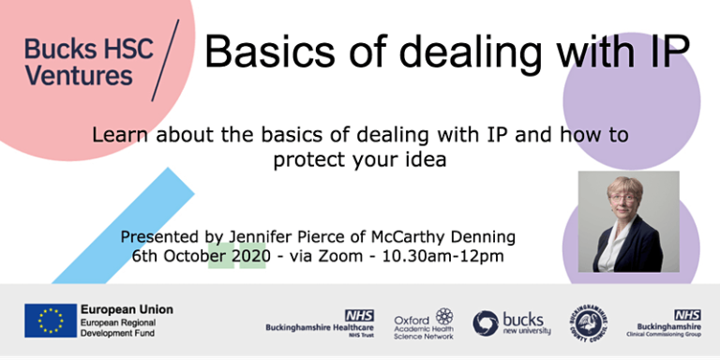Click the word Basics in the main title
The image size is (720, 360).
click(264, 51)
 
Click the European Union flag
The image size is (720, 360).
click(50, 321)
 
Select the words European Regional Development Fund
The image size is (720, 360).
click(122, 326)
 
